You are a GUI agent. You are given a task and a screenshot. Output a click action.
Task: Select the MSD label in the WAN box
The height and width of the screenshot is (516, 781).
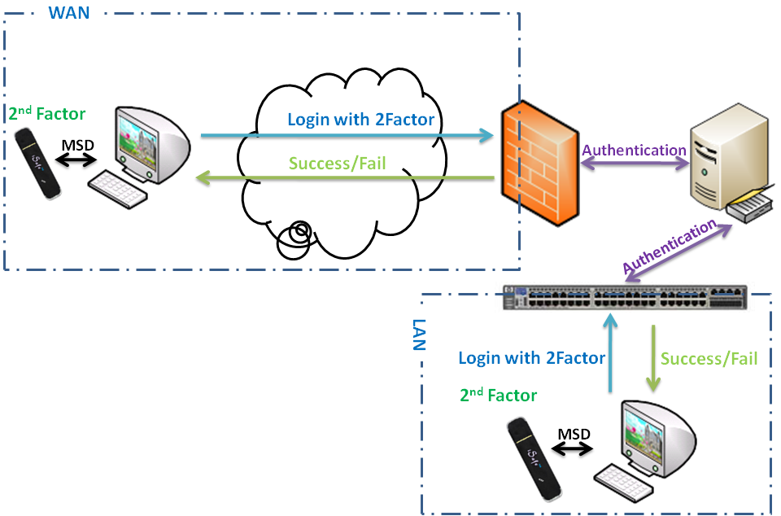tap(78, 145)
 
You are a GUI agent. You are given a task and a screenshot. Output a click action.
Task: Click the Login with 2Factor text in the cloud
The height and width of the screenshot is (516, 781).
tap(360, 120)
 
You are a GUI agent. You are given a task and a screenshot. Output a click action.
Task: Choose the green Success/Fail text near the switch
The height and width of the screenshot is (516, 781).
tap(709, 358)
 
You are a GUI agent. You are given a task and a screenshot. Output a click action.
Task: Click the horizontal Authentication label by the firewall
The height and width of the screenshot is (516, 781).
tap(634, 150)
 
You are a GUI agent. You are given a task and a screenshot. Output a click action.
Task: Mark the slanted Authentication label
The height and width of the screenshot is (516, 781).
tap(672, 247)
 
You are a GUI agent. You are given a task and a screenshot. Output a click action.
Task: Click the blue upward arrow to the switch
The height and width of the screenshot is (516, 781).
tap(609, 355)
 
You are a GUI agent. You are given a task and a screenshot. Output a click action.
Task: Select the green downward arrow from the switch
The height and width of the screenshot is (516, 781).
tap(652, 358)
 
